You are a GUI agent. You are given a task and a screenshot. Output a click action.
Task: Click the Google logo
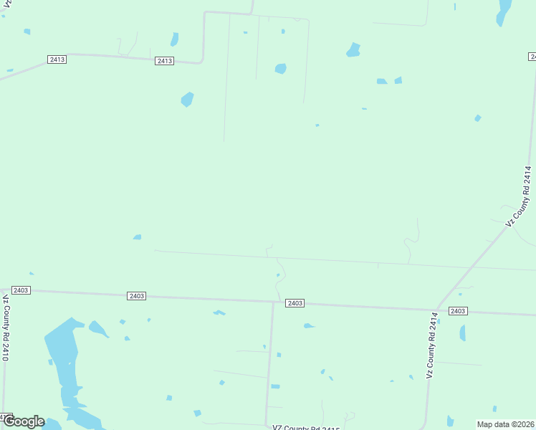[24, 421]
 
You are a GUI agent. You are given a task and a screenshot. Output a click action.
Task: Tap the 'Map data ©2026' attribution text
[505, 424]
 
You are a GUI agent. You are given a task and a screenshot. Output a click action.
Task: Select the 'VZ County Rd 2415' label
[306, 427]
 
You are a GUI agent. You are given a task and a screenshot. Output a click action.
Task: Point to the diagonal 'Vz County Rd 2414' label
[520, 196]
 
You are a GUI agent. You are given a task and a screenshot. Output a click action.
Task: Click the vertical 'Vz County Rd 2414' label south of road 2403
[431, 350]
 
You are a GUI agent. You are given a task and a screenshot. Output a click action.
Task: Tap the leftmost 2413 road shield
[57, 59]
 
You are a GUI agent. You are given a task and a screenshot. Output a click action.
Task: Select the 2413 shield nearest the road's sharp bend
[164, 61]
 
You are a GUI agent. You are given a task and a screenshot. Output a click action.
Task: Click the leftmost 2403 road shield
[20, 290]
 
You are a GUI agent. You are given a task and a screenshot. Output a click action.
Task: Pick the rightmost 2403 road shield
[458, 310]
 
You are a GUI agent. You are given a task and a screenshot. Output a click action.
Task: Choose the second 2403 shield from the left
[137, 296]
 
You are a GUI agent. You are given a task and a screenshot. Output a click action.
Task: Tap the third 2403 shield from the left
[295, 303]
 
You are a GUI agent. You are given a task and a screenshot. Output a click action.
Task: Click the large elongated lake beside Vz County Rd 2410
[64, 358]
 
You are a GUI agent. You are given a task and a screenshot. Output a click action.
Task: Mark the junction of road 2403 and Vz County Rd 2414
[436, 310]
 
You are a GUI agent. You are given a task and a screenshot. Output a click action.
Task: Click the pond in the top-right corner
[504, 11]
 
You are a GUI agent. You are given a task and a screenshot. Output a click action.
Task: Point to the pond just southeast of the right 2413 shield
[187, 99]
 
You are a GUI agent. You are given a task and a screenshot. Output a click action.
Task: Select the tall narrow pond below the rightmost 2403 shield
[462, 333]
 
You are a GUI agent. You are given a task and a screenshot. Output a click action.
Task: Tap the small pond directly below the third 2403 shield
[308, 326]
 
